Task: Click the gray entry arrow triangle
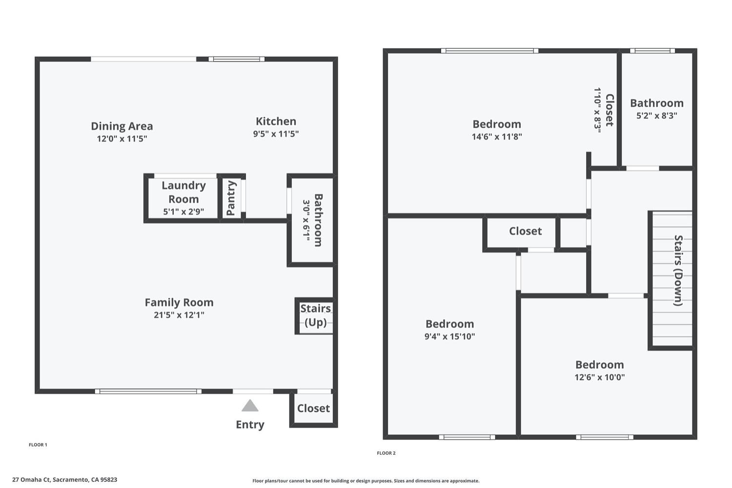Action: tap(250, 405)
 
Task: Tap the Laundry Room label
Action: tap(183, 192)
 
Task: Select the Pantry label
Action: tap(231, 198)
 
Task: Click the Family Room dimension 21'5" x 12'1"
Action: tap(179, 315)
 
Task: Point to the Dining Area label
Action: tap(122, 126)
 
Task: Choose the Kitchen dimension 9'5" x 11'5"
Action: tap(276, 134)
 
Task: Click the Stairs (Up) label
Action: tap(316, 315)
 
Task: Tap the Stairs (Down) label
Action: tap(678, 271)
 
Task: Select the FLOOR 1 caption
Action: tap(38, 445)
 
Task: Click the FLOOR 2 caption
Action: tap(386, 453)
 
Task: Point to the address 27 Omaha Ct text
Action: tap(31, 480)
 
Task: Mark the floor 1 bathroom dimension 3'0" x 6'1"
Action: tap(306, 221)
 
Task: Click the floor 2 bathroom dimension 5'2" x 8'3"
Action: tap(657, 115)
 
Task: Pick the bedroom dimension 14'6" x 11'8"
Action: tap(497, 136)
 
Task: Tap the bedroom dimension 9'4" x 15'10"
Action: tap(449, 336)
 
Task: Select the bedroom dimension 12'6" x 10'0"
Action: tap(600, 377)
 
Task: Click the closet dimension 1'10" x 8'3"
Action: tap(598, 110)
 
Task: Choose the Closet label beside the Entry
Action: tap(313, 408)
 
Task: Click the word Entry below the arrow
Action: tap(250, 424)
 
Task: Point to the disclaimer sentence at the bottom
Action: tap(366, 481)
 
